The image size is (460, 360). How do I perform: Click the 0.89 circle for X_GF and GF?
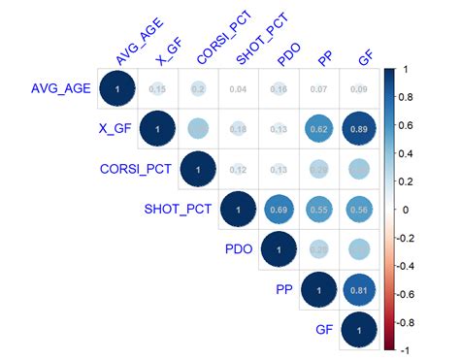coord(361,129)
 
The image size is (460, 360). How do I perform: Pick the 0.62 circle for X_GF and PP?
coord(318,129)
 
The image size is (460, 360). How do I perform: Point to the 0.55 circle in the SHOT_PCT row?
coord(318,209)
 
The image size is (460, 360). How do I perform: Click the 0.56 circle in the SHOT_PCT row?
coord(361,209)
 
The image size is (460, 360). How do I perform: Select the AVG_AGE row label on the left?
coord(59,89)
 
